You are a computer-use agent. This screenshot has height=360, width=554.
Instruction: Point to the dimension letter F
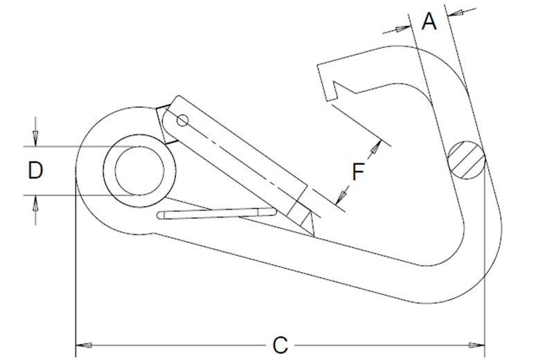(357, 171)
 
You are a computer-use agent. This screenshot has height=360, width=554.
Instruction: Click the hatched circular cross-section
(465, 159)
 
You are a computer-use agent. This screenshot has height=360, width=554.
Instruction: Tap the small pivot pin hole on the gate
(182, 122)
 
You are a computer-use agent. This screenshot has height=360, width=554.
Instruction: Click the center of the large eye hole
(140, 171)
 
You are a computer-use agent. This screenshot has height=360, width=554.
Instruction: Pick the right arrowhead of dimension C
(477, 344)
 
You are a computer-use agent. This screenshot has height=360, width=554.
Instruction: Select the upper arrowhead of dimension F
(377, 146)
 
